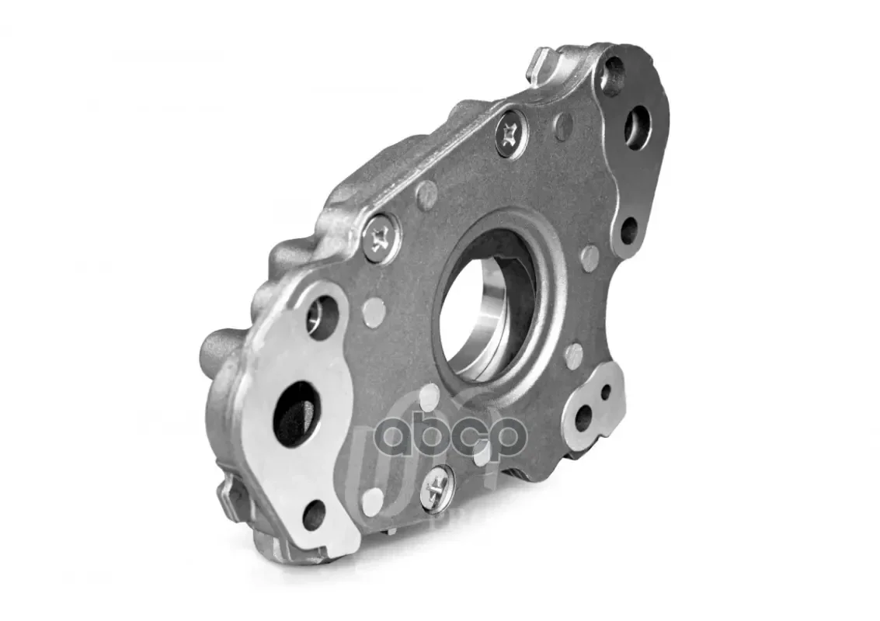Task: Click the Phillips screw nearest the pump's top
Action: point(511,134)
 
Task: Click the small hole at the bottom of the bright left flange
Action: point(315,510)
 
